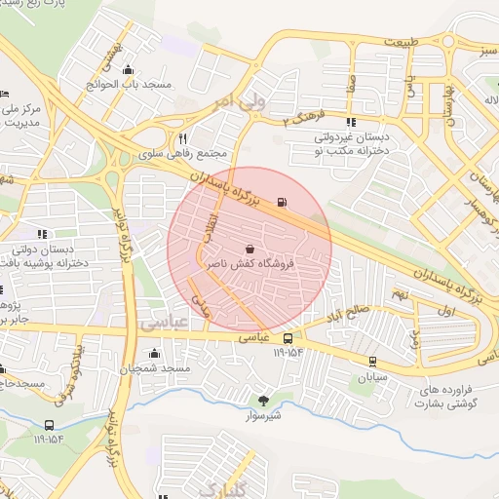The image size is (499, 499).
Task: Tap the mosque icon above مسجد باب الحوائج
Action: pos(128,69)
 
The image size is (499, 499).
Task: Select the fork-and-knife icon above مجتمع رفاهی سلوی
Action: pos(182,137)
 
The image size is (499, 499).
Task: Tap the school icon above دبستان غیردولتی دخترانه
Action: pos(349,122)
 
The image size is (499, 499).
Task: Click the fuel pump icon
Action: pos(283,203)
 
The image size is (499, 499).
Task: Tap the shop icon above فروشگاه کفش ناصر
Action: pos(250,247)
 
